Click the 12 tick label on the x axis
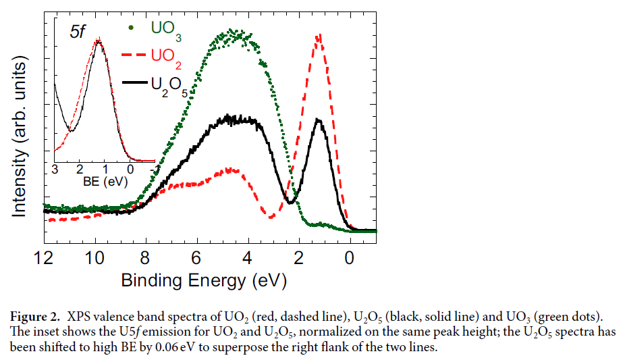tap(43, 257)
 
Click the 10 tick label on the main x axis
tap(94, 257)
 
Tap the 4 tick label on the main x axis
tap(248, 257)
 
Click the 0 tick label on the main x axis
tap(350, 257)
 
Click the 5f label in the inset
tap(76, 32)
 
